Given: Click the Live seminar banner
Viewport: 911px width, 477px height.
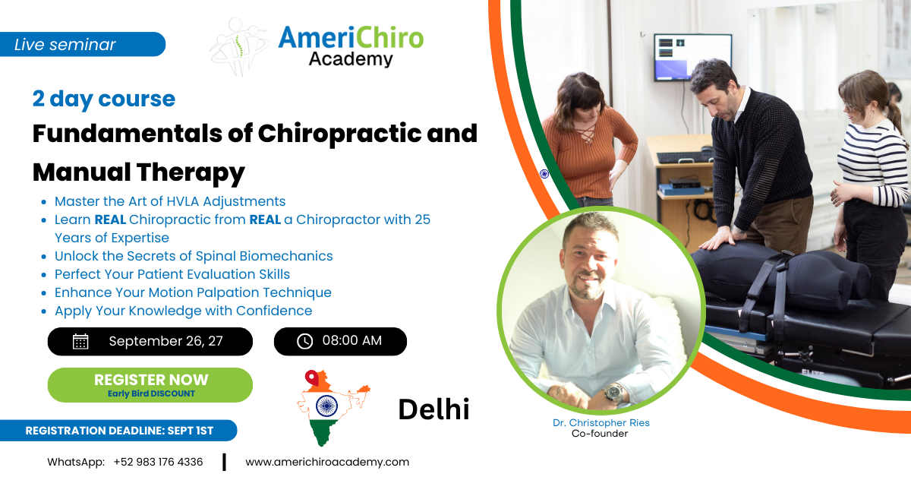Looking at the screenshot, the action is click(x=82, y=44).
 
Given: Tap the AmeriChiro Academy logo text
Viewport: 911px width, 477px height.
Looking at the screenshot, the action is click(x=351, y=46).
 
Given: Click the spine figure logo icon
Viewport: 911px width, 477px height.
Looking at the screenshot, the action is click(x=239, y=46).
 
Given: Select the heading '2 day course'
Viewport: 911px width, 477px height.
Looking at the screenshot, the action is click(x=104, y=99).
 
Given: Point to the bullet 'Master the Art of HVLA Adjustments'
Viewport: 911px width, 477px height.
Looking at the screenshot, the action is click(x=170, y=201).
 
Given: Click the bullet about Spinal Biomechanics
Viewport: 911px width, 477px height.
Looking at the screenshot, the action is click(x=194, y=256).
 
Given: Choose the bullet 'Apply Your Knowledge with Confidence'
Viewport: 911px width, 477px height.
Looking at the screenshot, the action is click(x=184, y=311).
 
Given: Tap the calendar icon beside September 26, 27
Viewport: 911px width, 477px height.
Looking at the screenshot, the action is click(x=80, y=342).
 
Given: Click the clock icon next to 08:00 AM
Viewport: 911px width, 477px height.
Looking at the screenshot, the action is click(x=304, y=342).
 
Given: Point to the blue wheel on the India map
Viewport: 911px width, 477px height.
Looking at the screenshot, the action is click(x=326, y=406).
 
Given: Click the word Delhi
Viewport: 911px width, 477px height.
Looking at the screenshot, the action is click(x=433, y=409).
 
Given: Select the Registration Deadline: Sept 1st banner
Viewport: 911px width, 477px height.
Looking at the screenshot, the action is click(x=118, y=431).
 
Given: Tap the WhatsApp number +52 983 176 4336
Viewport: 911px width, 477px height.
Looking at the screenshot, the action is click(x=158, y=462).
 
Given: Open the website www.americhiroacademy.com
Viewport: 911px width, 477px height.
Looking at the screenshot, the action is click(x=327, y=462).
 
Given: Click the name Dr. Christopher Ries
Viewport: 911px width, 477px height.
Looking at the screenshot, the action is click(x=601, y=423).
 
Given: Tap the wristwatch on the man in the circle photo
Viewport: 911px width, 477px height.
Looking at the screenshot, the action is click(x=613, y=393).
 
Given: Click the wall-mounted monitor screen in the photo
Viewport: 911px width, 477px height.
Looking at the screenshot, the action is click(x=692, y=58).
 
